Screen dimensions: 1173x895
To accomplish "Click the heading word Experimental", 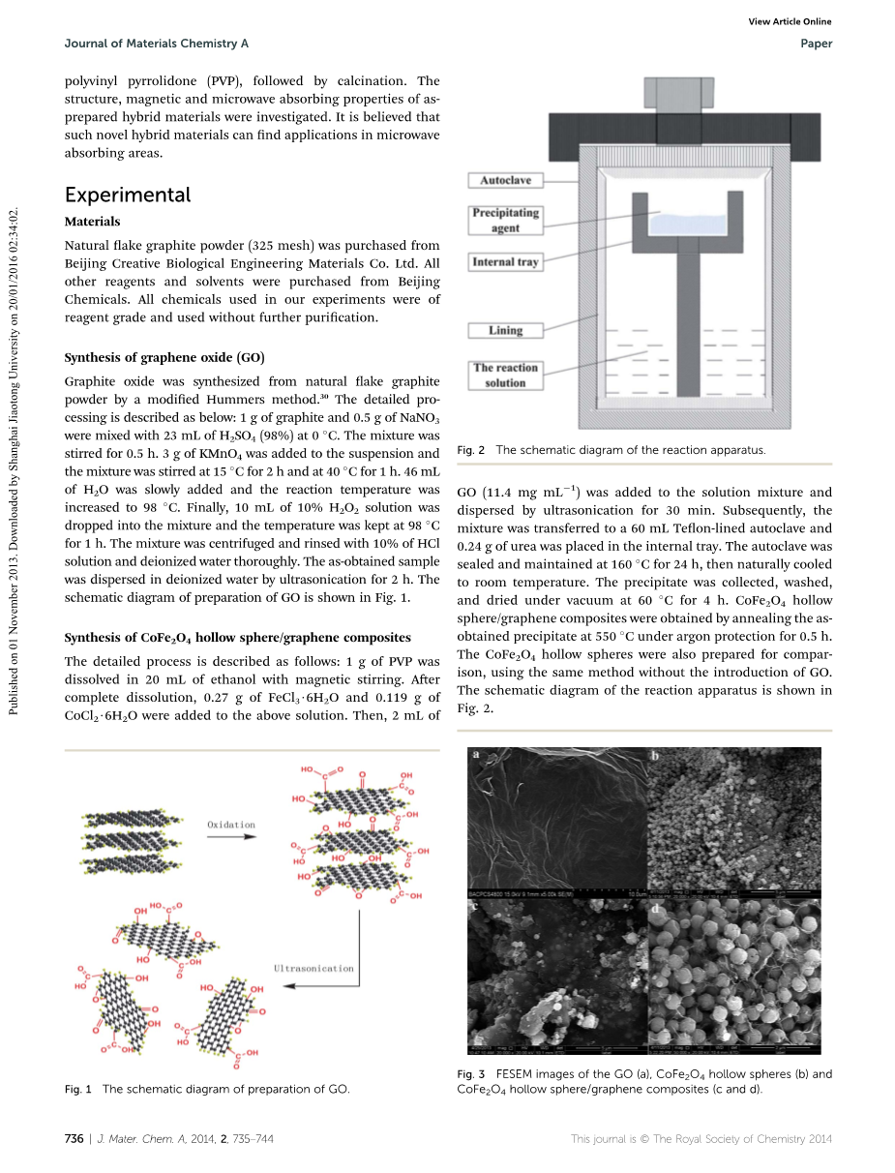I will click(x=128, y=195).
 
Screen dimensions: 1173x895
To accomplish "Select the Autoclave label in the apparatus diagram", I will click(x=506, y=180).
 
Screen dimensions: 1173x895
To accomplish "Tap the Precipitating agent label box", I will click(x=505, y=220).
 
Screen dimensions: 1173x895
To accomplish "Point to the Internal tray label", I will click(x=505, y=261).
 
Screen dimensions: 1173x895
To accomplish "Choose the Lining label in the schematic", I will click(x=505, y=330).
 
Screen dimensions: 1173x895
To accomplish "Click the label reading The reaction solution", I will click(x=505, y=375).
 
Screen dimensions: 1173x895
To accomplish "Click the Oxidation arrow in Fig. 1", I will click(x=231, y=838).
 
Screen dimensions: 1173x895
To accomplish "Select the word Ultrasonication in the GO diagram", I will click(x=313, y=968).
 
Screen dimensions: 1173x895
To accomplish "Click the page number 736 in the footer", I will click(x=74, y=1139).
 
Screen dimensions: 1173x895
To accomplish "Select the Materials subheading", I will click(x=92, y=222).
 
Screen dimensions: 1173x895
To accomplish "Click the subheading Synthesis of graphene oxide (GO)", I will click(x=164, y=357).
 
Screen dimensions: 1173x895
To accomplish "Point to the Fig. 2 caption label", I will click(x=470, y=450).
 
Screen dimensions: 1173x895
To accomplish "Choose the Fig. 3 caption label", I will click(x=470, y=1074).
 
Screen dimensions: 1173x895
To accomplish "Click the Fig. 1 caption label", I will click(x=77, y=1089).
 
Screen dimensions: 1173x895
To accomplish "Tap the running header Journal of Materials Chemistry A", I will click(x=156, y=44).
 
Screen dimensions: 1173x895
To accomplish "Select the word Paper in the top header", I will click(x=817, y=44).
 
